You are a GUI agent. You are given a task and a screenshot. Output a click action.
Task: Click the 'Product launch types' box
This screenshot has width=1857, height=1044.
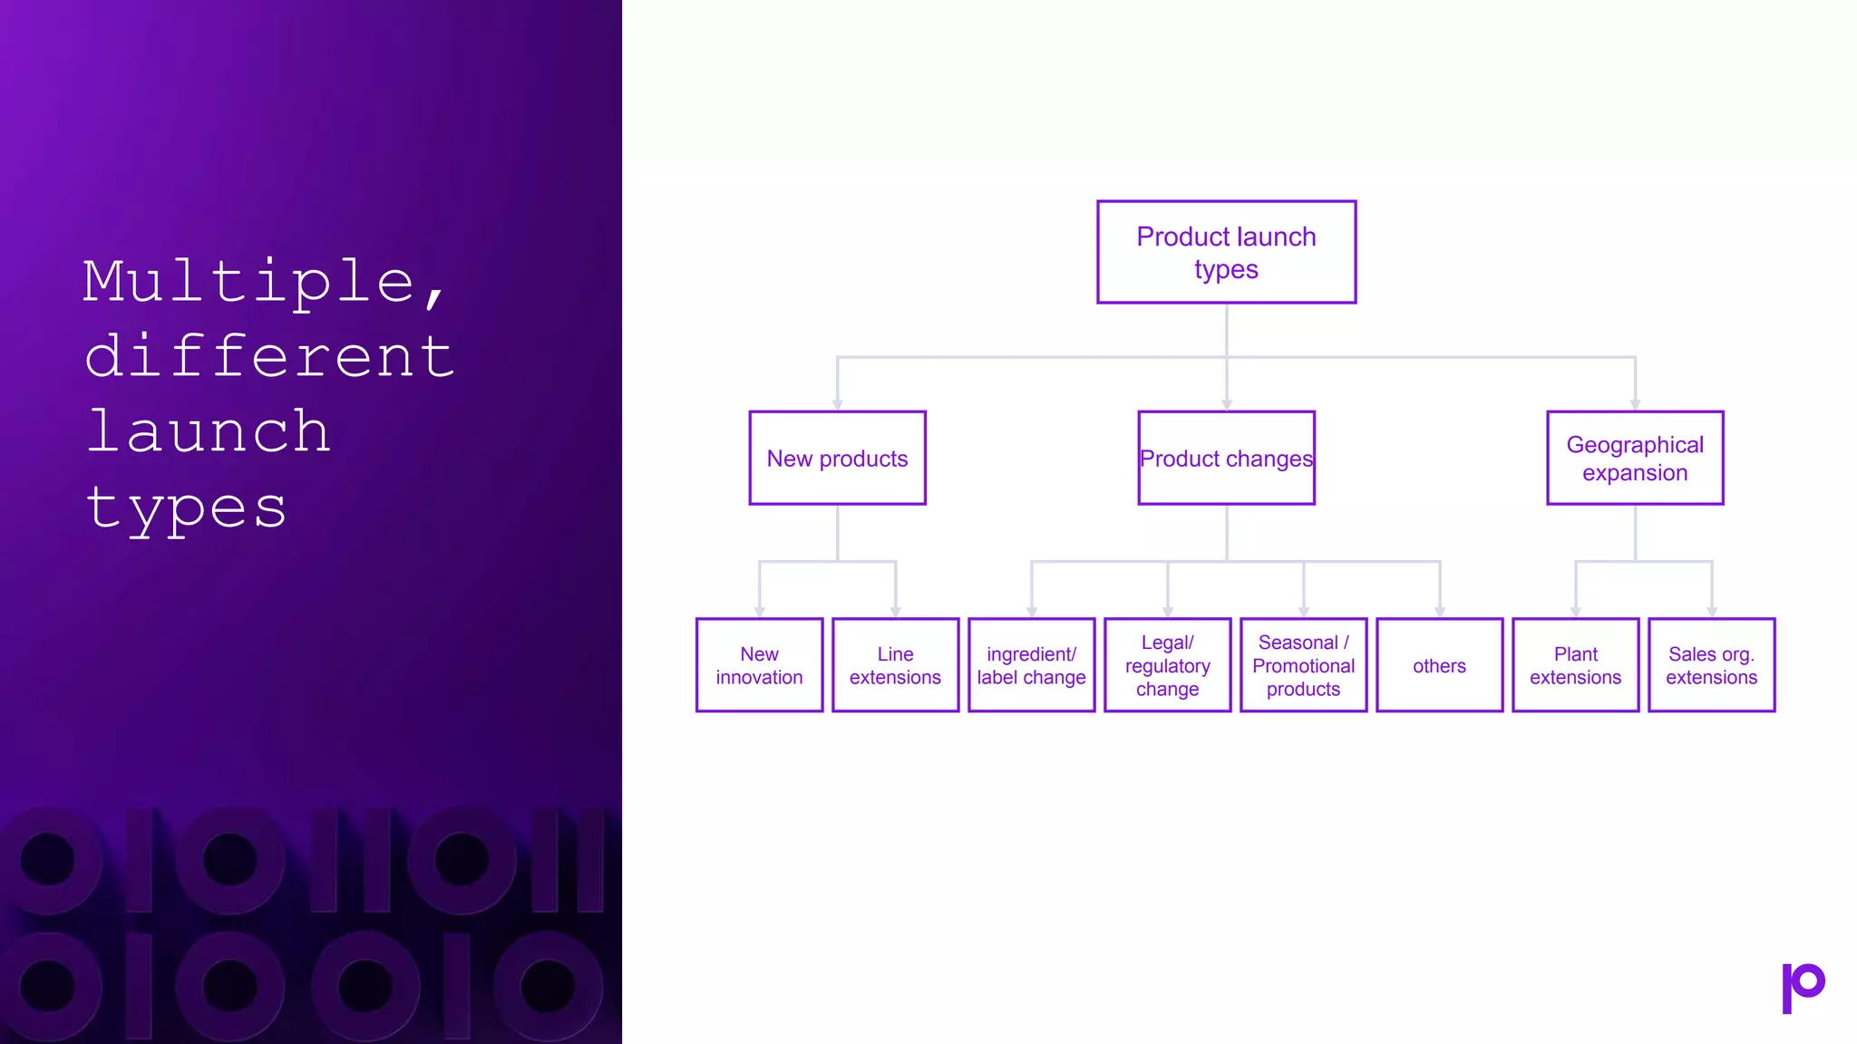[x=1226, y=252]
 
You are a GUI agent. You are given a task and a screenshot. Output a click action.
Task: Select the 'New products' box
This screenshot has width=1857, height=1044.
[x=837, y=458]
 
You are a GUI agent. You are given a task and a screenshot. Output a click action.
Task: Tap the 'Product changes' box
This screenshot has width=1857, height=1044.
[x=1226, y=458]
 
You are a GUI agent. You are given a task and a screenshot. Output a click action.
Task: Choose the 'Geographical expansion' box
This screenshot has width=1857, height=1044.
[x=1635, y=458]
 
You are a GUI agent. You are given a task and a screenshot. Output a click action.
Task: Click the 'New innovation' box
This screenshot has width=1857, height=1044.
[x=759, y=665]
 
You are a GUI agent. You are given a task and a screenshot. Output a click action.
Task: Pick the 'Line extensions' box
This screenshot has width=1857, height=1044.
[x=895, y=665]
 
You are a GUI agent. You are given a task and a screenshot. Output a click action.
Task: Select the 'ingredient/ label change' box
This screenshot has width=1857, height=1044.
[x=1031, y=665]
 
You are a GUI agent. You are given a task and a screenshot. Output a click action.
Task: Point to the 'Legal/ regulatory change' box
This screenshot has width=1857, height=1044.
[x=1167, y=665]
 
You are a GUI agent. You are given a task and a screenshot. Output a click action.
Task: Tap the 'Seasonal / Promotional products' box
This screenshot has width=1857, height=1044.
[x=1303, y=665]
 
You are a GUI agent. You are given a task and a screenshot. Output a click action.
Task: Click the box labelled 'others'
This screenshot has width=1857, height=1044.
[x=1439, y=665]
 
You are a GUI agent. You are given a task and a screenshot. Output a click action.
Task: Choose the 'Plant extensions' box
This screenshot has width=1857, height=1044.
[x=1575, y=665]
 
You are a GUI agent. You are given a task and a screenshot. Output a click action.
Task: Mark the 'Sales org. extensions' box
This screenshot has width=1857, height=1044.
[x=1711, y=665]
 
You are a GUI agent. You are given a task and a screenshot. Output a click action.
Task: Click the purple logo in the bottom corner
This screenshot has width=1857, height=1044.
[x=1803, y=987]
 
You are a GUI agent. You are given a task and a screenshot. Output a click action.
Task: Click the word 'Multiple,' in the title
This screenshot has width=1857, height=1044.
[x=263, y=283]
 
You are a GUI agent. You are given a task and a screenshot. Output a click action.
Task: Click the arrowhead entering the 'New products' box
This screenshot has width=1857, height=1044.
[x=837, y=405]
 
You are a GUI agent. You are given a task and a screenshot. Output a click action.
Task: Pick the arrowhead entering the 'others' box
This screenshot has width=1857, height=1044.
[x=1439, y=613]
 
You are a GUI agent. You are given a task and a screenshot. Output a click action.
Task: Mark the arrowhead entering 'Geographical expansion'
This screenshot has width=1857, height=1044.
[x=1635, y=405]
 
